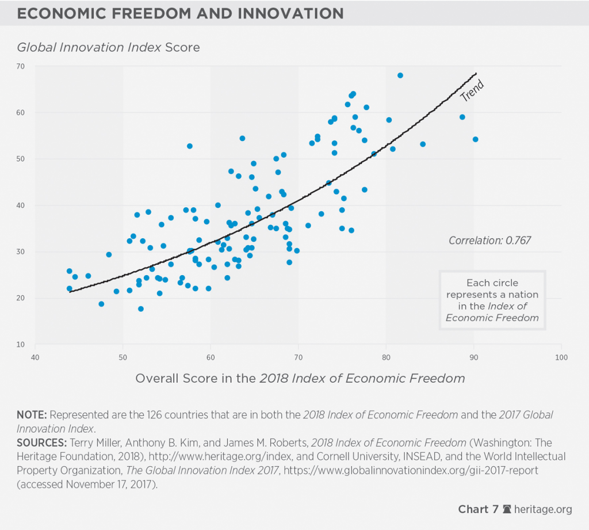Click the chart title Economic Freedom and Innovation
pos(180,13)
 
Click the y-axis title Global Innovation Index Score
pos(108,47)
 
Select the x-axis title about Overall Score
pos(300,378)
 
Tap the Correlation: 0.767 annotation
pos(489,241)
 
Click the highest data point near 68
pos(400,75)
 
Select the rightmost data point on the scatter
pos(475,139)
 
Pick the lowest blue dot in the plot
pos(140,309)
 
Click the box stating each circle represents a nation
pos(492,300)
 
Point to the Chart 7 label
pos(478,509)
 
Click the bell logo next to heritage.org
pos(507,509)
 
